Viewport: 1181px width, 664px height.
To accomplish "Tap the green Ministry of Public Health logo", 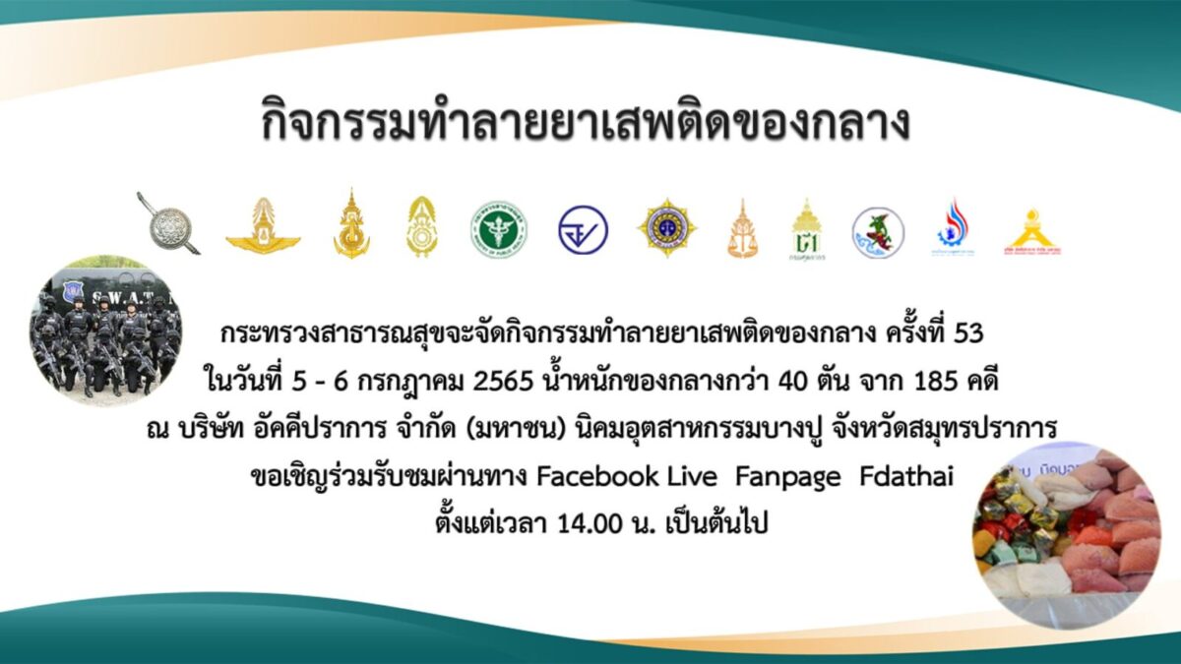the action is tap(499, 229).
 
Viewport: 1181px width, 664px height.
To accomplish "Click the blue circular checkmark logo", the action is tap(583, 230).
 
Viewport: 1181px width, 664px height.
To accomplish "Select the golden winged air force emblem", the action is tap(263, 227).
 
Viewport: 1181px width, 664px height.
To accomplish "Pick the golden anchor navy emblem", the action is tap(351, 224).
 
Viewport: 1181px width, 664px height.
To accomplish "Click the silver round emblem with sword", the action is tap(168, 224).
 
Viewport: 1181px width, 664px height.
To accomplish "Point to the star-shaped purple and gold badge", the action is tap(667, 227).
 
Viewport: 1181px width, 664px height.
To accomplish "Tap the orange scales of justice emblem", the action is tap(742, 229).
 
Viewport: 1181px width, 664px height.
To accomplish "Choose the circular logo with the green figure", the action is tap(878, 232).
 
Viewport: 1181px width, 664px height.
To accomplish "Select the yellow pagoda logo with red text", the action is tap(1032, 232).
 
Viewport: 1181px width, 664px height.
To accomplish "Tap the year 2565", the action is tap(504, 382).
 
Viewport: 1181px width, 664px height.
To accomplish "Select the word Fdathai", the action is tap(906, 476).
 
